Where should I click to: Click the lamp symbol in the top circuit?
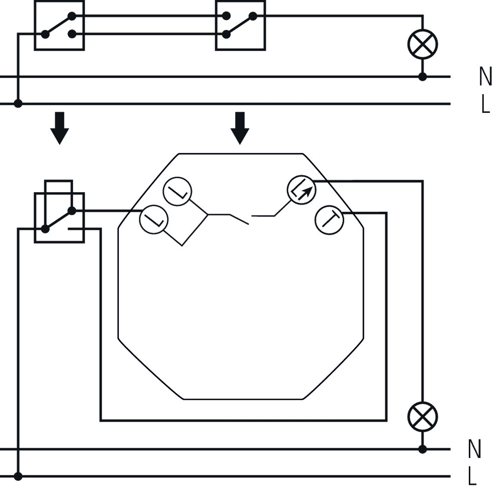[x=422, y=44]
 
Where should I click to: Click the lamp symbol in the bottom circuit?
[x=422, y=416]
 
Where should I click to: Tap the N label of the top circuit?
[x=485, y=77]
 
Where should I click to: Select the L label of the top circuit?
[x=485, y=104]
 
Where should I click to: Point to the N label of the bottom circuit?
[x=474, y=449]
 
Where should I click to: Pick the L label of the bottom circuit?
[x=472, y=477]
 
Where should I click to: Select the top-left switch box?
[x=59, y=25]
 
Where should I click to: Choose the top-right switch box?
[x=240, y=25]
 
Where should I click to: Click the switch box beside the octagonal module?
[x=59, y=217]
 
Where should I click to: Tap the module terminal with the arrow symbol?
[x=302, y=190]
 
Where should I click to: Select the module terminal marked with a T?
[x=329, y=220]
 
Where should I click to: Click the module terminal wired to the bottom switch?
[x=154, y=220]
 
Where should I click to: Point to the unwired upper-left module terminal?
[x=178, y=193]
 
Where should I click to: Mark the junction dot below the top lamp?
[x=422, y=77]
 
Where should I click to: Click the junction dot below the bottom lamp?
[x=422, y=449]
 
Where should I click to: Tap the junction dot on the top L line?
[x=18, y=104]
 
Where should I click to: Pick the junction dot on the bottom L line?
[x=18, y=477]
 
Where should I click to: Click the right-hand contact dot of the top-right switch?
[x=253, y=16]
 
